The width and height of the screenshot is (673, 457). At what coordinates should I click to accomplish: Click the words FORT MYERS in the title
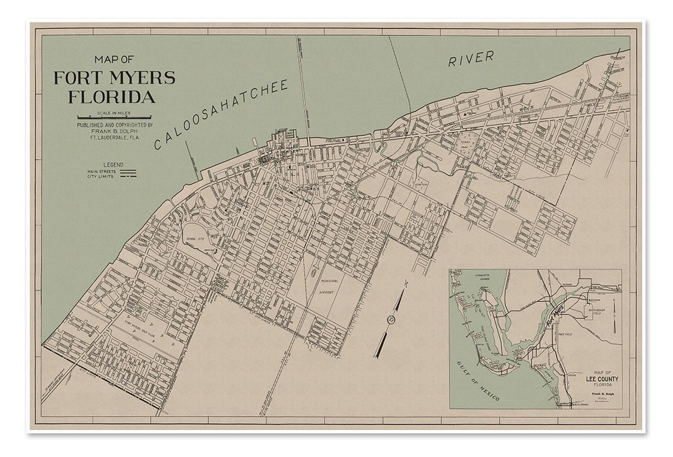click(114, 78)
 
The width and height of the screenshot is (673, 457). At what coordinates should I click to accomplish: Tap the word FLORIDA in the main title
click(112, 97)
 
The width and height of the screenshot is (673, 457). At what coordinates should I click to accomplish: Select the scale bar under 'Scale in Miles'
click(114, 117)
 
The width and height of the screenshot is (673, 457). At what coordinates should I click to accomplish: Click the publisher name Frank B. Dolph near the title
click(114, 131)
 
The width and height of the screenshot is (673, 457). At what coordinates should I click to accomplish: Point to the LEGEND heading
click(113, 165)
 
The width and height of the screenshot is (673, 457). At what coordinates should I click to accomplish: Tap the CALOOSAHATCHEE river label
click(222, 115)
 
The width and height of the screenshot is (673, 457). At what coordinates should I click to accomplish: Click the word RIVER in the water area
click(471, 58)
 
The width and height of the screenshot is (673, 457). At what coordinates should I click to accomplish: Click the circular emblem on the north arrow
click(391, 321)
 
